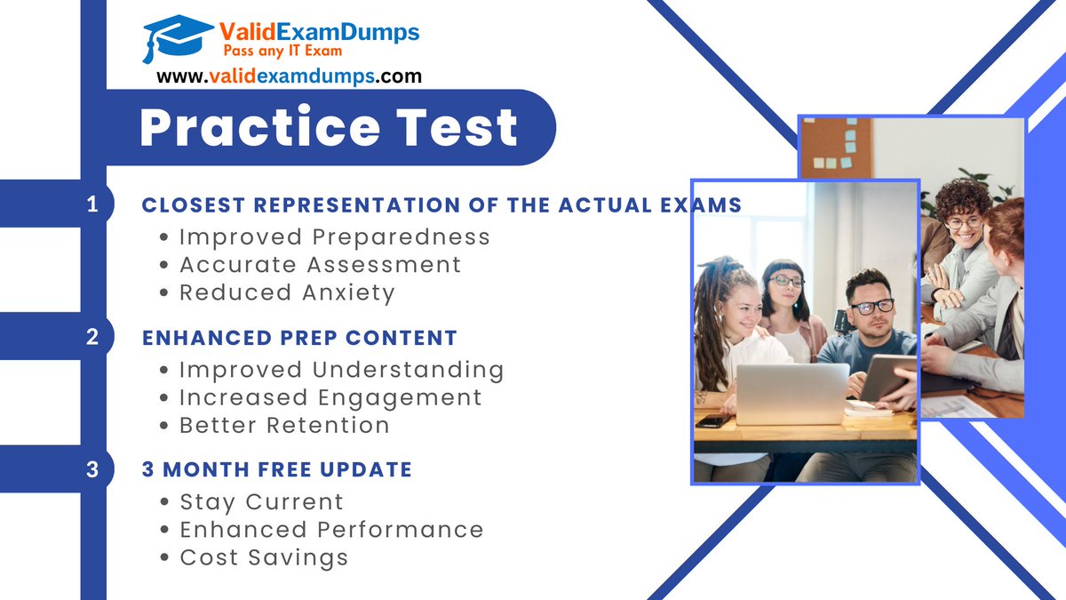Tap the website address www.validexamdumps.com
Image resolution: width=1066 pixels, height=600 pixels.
289,76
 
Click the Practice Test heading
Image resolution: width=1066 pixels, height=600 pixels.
329,127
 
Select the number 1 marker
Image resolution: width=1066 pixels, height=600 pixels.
92,204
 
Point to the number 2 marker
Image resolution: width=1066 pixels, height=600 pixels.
92,338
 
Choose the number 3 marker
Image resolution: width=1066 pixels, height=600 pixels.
92,469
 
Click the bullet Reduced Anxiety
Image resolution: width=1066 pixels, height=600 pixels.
286,292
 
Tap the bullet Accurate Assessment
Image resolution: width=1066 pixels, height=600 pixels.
320,264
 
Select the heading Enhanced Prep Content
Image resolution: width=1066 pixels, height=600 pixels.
299,338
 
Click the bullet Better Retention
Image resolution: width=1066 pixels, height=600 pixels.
284,425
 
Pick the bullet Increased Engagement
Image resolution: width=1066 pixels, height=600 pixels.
330,397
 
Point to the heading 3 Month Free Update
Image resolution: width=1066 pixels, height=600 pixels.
276,469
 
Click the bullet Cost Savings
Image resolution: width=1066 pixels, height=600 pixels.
263,557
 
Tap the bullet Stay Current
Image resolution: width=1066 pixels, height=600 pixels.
261,502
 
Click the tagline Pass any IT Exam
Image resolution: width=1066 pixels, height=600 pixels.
269,52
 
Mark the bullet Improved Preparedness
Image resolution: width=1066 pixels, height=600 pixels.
334,236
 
